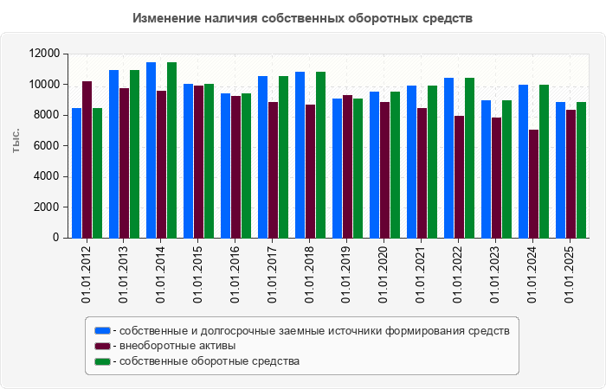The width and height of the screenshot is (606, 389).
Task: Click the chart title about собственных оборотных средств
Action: [x=302, y=18]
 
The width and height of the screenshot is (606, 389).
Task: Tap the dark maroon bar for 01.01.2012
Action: [x=87, y=160]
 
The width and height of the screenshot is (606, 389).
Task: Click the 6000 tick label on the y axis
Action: [x=46, y=146]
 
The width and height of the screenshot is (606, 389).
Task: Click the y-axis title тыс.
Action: [x=16, y=142]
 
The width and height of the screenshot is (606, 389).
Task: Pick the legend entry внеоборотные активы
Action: [x=177, y=346]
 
